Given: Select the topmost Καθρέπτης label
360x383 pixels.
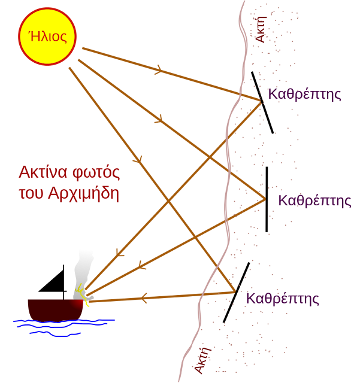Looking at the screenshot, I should (x=304, y=94).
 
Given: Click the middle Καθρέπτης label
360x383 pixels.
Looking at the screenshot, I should (x=314, y=200).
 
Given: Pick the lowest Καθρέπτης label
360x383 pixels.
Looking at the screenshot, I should (x=282, y=299).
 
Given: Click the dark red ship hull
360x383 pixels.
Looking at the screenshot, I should (x=54, y=309).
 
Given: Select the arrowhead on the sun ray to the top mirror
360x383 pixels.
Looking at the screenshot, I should (x=159, y=70).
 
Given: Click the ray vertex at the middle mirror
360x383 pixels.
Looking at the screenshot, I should (x=264, y=199).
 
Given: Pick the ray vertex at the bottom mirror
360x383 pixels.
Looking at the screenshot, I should (x=233, y=291).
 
